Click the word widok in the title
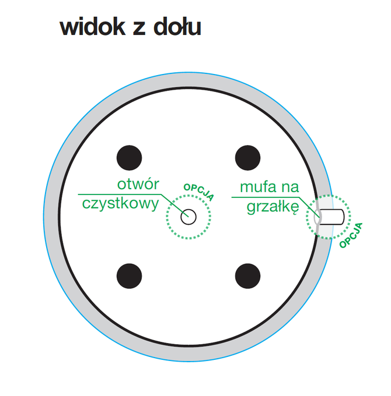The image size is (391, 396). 92,27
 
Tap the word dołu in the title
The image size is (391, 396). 177,27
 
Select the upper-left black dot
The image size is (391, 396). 129,158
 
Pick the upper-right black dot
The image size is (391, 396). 247,158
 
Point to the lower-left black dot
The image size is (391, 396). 129,276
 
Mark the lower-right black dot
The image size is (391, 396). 247,276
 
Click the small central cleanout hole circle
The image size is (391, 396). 188,217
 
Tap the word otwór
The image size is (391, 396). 138,184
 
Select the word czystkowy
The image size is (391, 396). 120,204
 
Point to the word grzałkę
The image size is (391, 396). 273,207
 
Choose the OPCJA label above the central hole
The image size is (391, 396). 199,192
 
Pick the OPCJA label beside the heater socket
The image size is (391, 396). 351,235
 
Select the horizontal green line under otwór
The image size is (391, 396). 120,194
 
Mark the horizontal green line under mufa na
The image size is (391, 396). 265,197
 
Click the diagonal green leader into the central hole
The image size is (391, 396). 174,206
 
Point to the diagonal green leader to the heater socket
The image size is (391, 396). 309,207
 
